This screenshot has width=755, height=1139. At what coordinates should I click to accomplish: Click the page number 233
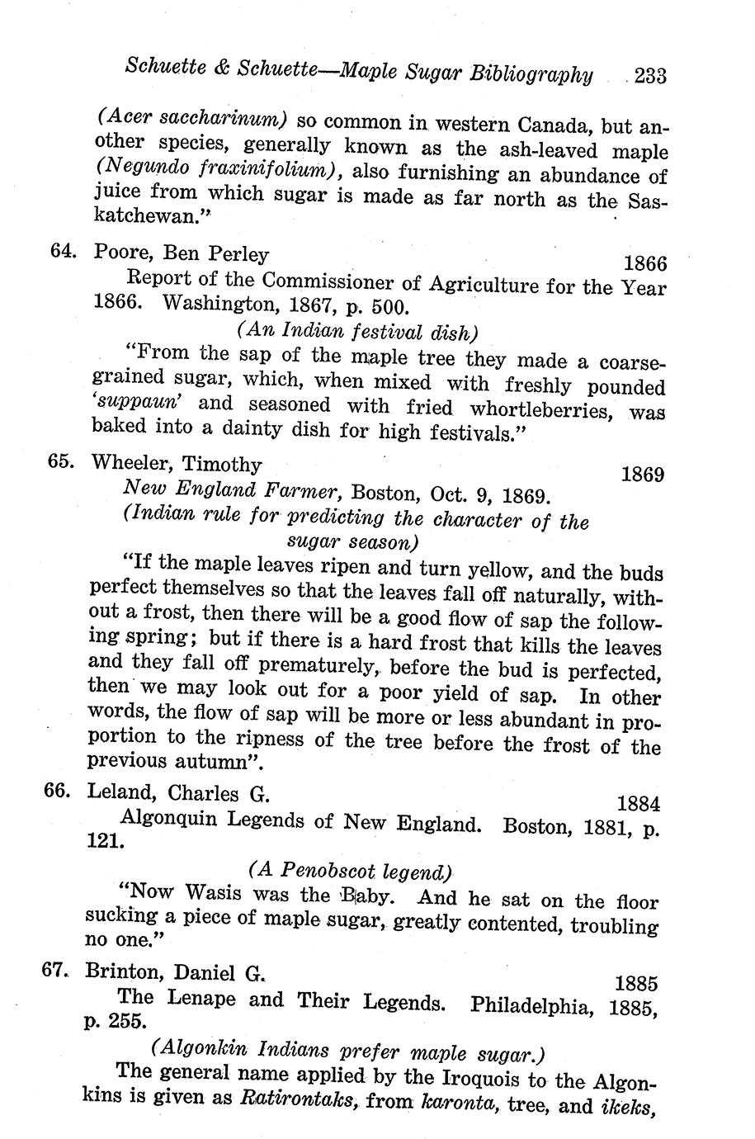pyautogui.click(x=650, y=76)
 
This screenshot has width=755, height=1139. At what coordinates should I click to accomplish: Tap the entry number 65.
pyautogui.click(x=63, y=462)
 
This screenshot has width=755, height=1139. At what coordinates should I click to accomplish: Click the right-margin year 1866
pyautogui.click(x=644, y=263)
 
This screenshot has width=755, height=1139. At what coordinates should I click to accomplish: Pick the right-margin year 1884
pyautogui.click(x=638, y=803)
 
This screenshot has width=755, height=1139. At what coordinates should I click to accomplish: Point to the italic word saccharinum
pyautogui.click(x=221, y=118)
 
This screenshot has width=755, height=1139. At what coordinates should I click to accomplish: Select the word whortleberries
pyautogui.click(x=540, y=409)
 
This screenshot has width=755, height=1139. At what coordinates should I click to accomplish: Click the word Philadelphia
pyautogui.click(x=531, y=1005)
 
